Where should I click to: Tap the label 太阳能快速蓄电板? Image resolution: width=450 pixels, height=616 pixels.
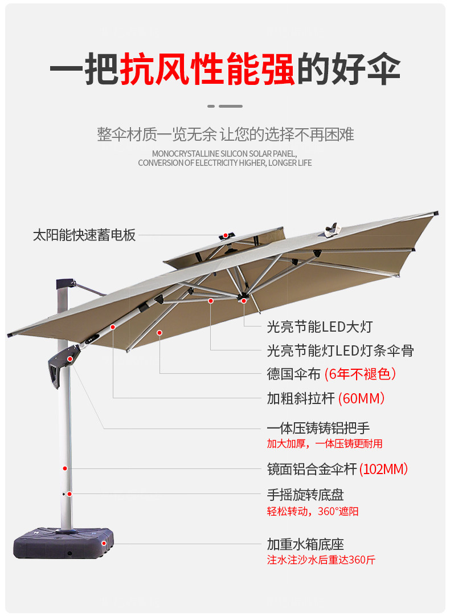[84, 235]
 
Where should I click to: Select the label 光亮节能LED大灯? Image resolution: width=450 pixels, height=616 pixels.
[320, 327]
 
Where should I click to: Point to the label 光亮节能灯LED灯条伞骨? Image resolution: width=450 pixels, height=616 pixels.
[340, 350]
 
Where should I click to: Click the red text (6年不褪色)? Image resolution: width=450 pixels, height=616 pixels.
[360, 374]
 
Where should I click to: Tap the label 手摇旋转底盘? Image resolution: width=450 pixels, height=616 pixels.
[305, 495]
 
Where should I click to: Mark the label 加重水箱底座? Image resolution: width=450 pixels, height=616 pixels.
[305, 544]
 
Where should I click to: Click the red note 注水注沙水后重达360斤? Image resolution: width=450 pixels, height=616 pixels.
[321, 560]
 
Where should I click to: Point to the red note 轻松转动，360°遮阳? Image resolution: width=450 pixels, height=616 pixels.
[313, 511]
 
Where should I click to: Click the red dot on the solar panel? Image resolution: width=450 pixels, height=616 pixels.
[226, 235]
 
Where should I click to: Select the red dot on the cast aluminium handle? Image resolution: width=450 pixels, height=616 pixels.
[69, 359]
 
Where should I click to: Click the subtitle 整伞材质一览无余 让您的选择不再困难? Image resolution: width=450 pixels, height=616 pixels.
[226, 134]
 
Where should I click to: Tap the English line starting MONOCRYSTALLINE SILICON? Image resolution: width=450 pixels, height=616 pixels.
[224, 153]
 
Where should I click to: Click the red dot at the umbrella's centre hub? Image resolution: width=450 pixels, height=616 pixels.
[243, 300]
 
